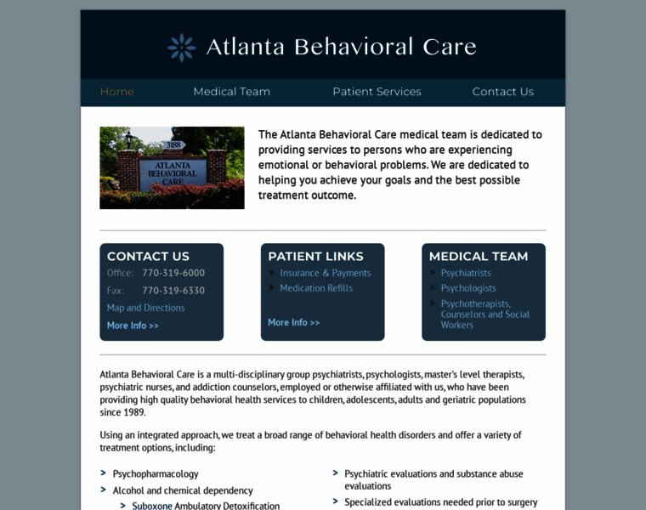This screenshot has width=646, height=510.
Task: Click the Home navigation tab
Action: pos(117,92)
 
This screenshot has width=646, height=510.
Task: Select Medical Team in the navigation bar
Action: pos(231,92)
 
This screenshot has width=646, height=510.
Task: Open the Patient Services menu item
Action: pos(377,92)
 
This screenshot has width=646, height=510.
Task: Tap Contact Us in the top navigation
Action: pos(502,92)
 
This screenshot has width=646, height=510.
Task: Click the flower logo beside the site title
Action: pos(182,48)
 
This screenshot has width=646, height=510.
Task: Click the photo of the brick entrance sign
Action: pos(172,167)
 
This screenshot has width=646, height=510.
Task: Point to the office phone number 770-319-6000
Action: pos(173,273)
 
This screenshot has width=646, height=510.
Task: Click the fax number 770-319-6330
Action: pos(173,291)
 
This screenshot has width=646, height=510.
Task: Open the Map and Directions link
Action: pos(145,308)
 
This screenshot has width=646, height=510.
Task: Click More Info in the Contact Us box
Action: pos(133,326)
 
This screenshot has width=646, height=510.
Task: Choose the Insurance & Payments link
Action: pos(326,273)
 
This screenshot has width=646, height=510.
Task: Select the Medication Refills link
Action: pos(316,288)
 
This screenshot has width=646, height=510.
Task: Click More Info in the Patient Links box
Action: pos(293,323)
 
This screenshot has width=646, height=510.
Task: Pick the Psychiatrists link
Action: pos(466,273)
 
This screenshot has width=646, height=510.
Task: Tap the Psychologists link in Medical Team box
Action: pos(468,288)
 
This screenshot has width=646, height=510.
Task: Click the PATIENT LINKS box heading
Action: pos(315,256)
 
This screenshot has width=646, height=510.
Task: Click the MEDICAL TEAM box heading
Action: pos(479,256)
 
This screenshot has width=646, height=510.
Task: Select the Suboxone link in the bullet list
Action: pos(153,506)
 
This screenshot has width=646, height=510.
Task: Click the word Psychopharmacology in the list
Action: pos(156,473)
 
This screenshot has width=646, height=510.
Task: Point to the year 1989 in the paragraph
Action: pos(133,412)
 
